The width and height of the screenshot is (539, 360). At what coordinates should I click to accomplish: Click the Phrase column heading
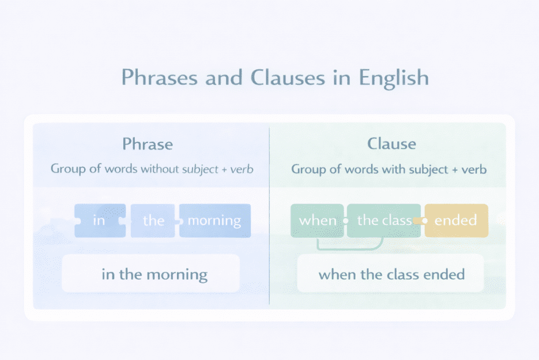pos(148,143)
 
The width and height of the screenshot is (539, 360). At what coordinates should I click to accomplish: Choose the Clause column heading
pos(392,143)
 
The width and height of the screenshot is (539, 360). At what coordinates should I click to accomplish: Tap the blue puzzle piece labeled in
pos(99,220)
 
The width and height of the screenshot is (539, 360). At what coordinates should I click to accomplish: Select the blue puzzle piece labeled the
pos(153,220)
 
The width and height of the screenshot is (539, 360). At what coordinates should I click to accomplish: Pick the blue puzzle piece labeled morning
pos(214,220)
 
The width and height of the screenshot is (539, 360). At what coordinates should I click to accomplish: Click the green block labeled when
pos(317,220)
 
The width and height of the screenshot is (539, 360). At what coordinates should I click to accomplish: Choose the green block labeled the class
pos(384,220)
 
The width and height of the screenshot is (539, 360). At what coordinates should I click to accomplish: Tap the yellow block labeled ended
pos(456,220)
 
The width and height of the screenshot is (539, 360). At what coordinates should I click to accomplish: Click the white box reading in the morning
pos(150,273)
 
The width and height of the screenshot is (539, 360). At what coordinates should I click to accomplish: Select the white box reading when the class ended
pos(391,273)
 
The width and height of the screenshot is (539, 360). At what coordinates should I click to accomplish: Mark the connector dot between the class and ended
pos(424,220)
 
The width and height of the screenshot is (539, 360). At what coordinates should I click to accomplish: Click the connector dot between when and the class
pos(345,220)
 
